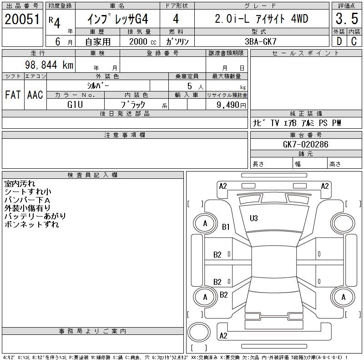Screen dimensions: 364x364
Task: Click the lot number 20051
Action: click(x=22, y=20)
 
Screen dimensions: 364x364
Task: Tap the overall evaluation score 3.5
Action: click(x=346, y=20)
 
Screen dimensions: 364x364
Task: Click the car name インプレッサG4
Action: click(x=117, y=20)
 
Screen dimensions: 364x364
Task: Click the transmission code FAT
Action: click(x=13, y=95)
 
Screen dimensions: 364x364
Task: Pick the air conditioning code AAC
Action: click(x=35, y=95)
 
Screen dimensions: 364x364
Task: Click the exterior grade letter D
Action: click(x=339, y=41)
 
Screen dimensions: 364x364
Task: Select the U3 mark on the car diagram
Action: click(x=253, y=218)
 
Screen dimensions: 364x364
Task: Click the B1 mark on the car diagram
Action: click(x=226, y=227)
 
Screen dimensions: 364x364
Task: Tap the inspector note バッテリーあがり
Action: click(x=35, y=216)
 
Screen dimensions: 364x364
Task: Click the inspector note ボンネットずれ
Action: click(x=31, y=224)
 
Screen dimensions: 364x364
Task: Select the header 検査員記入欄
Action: click(x=92, y=175)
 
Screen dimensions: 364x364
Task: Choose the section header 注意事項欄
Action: click(x=125, y=135)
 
